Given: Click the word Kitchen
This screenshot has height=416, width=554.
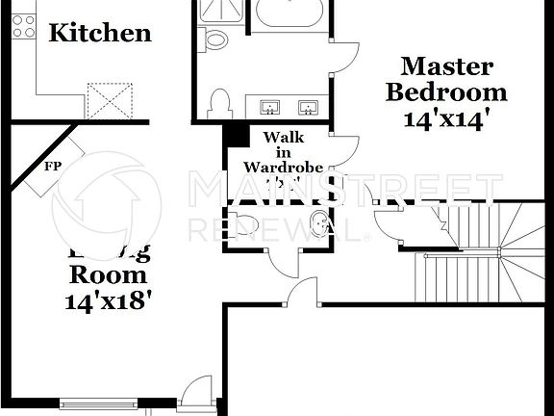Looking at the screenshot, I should [100, 33].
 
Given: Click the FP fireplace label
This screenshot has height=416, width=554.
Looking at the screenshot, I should [52, 166].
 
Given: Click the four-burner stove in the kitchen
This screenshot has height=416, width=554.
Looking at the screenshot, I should [22, 27].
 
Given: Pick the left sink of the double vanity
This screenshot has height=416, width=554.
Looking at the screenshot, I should [269, 105].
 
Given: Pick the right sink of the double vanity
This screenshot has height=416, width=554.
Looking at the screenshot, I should [309, 105].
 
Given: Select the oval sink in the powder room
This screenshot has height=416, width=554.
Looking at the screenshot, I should [313, 221].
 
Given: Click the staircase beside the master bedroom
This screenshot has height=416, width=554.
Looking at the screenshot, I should [481, 250].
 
